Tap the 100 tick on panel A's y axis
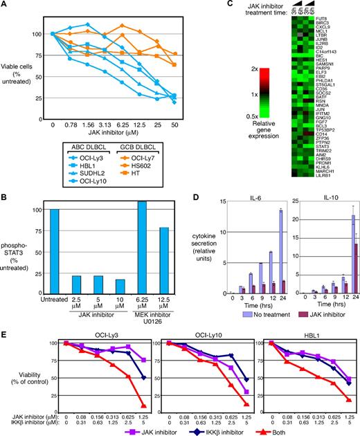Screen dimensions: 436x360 click(39, 33)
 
